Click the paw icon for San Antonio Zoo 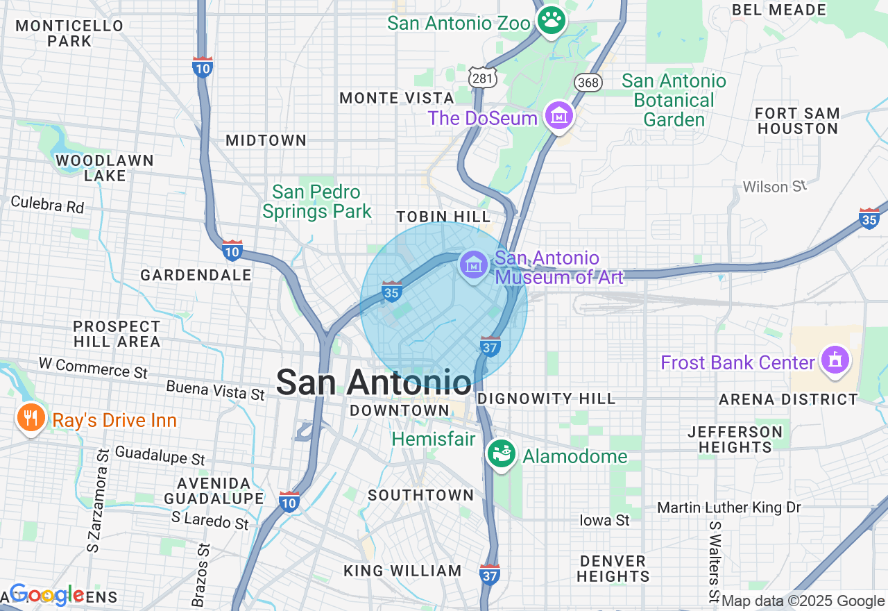[x=552, y=20]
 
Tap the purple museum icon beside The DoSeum [x=558, y=116]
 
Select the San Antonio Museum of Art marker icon [x=474, y=265]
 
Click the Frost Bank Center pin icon [x=835, y=360]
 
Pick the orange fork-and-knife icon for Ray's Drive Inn [x=31, y=418]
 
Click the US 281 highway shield [x=481, y=78]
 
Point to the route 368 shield [x=587, y=83]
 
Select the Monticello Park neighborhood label [x=69, y=33]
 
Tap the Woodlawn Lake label [x=104, y=168]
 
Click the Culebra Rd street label [x=47, y=205]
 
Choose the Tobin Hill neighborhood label [x=443, y=217]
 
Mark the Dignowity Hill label [x=547, y=399]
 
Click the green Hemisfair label [x=434, y=439]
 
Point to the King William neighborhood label [x=403, y=571]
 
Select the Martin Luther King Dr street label [x=728, y=508]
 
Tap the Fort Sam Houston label [x=797, y=121]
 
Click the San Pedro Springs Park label [x=317, y=201]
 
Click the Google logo [x=46, y=595]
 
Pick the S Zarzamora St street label [x=98, y=500]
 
